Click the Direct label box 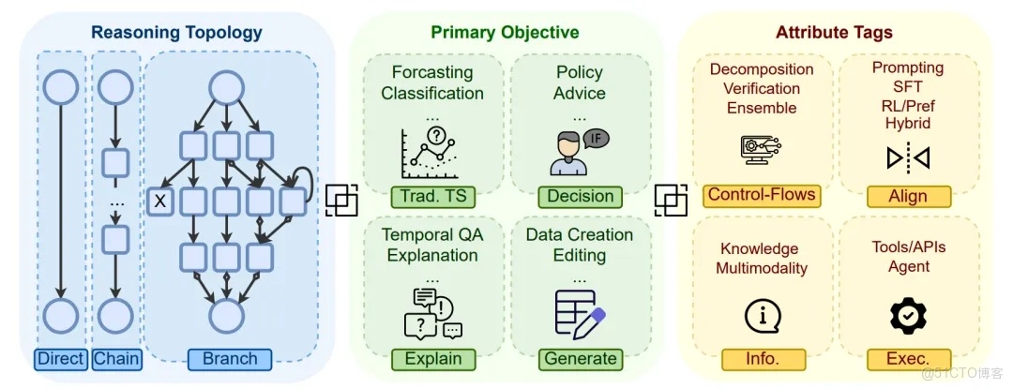(61, 359)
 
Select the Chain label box (117, 359)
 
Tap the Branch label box (230, 359)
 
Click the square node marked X (161, 202)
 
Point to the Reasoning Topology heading (176, 32)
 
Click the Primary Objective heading (506, 32)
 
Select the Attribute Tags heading (834, 32)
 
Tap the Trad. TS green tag (432, 197)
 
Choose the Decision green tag (581, 197)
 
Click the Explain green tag (432, 359)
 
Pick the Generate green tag (581, 359)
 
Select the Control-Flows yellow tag (762, 195)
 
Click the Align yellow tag (908, 197)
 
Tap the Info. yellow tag (763, 359)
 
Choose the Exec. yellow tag (908, 359)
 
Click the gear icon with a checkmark (908, 316)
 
